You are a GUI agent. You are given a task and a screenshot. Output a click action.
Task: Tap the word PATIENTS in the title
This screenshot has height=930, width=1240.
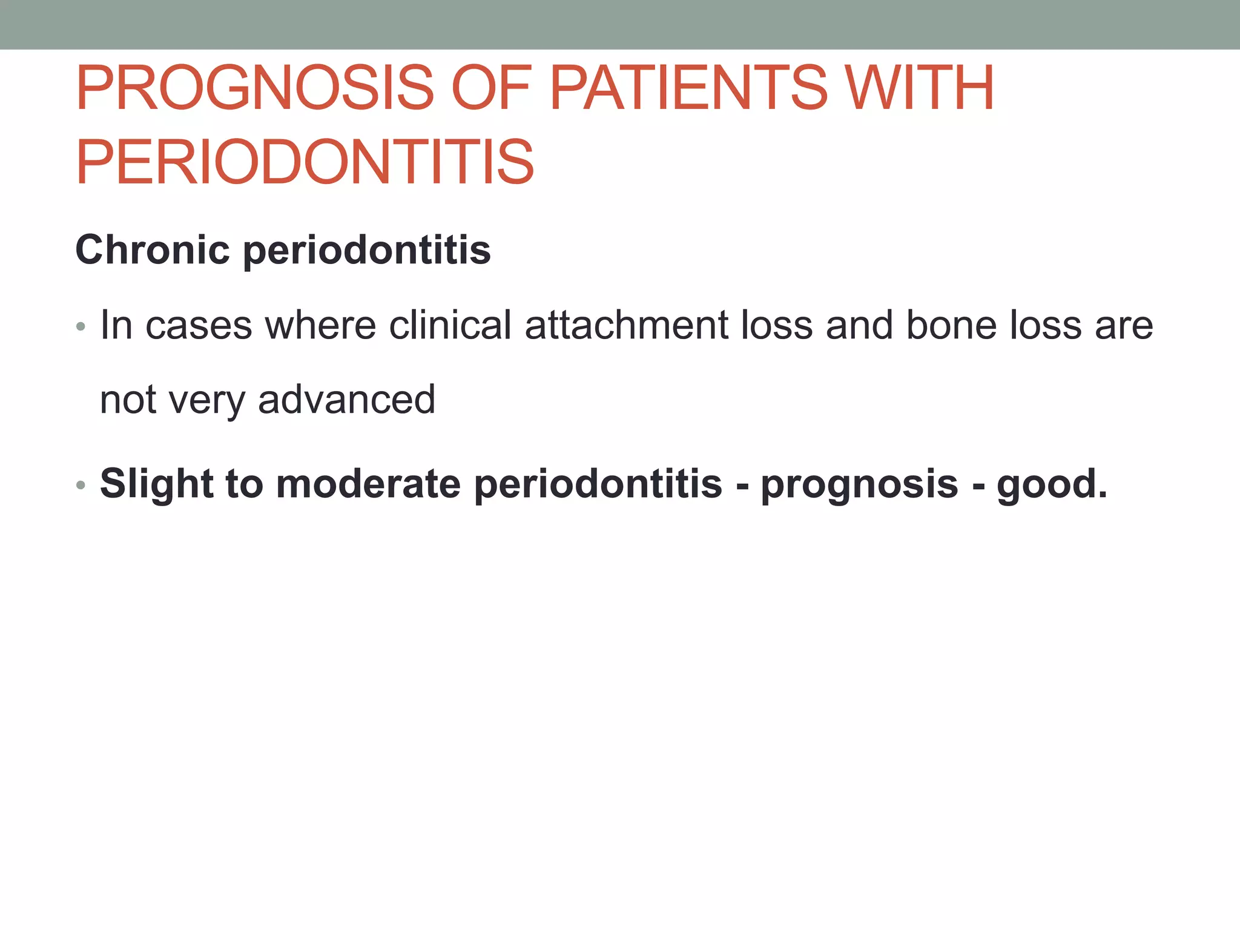pyautogui.click(x=688, y=88)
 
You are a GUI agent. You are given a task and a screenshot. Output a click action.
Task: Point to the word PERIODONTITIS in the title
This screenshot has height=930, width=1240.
pyautogui.click(x=305, y=162)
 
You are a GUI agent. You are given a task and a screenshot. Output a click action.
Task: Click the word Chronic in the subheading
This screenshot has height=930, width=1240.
pyautogui.click(x=153, y=249)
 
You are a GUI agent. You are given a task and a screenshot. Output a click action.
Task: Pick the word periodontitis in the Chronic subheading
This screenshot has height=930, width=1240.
pyautogui.click(x=367, y=251)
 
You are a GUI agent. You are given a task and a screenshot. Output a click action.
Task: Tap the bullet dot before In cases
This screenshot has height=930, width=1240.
pyautogui.click(x=81, y=328)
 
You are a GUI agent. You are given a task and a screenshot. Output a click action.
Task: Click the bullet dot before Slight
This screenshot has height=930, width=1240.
pyautogui.click(x=81, y=486)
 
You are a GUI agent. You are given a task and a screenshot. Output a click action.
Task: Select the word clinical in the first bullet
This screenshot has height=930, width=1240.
pyautogui.click(x=450, y=325)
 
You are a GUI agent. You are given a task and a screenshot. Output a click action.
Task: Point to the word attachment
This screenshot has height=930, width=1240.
pyautogui.click(x=626, y=325)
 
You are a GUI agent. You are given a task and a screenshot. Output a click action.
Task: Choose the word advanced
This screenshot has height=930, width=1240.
pyautogui.click(x=346, y=400)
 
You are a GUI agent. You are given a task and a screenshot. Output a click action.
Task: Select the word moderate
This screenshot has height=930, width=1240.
pyautogui.click(x=368, y=484)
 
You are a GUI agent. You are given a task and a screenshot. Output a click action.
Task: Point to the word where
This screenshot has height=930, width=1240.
pyautogui.click(x=321, y=325)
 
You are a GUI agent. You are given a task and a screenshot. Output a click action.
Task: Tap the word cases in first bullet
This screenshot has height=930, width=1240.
pyautogui.click(x=199, y=326)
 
